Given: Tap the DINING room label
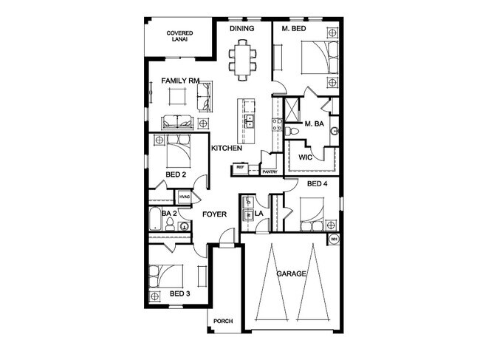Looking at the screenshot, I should tap(241, 29).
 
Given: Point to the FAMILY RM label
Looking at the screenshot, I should tap(180, 81).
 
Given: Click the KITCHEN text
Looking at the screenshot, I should tap(227, 149).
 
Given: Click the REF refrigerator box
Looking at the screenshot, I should tap(240, 169).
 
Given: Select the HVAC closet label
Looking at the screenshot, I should tap(185, 197).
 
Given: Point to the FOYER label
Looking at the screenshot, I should tap(214, 214).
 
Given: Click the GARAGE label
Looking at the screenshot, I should tap(291, 274).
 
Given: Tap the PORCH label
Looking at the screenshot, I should tap(223, 321).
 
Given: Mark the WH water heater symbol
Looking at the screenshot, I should tap(333, 239).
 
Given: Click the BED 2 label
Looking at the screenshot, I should tap(175, 174).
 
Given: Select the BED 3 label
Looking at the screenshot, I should tap(179, 294).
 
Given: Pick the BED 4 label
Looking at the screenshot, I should tap(317, 183).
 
